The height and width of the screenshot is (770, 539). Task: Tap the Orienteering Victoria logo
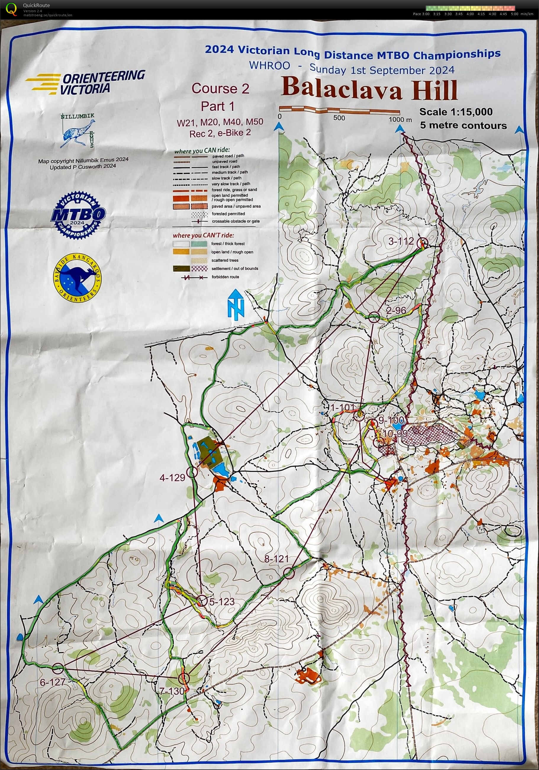86,82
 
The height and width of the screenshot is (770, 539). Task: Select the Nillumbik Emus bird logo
78,131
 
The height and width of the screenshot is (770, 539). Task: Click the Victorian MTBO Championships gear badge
78,214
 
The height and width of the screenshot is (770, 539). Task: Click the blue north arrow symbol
236,304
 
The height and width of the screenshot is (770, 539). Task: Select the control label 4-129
172,477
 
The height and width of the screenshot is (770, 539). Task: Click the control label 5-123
222,602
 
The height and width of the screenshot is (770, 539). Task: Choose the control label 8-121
276,559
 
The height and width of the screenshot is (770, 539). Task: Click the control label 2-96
396,310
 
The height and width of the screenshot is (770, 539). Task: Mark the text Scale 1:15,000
456,112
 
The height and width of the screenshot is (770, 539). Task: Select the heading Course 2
220,89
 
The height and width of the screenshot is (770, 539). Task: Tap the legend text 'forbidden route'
225,277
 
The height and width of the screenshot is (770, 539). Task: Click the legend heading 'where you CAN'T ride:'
203,235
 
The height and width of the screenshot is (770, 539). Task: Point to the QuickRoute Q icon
12,9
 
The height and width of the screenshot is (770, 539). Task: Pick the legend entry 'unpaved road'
224,161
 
